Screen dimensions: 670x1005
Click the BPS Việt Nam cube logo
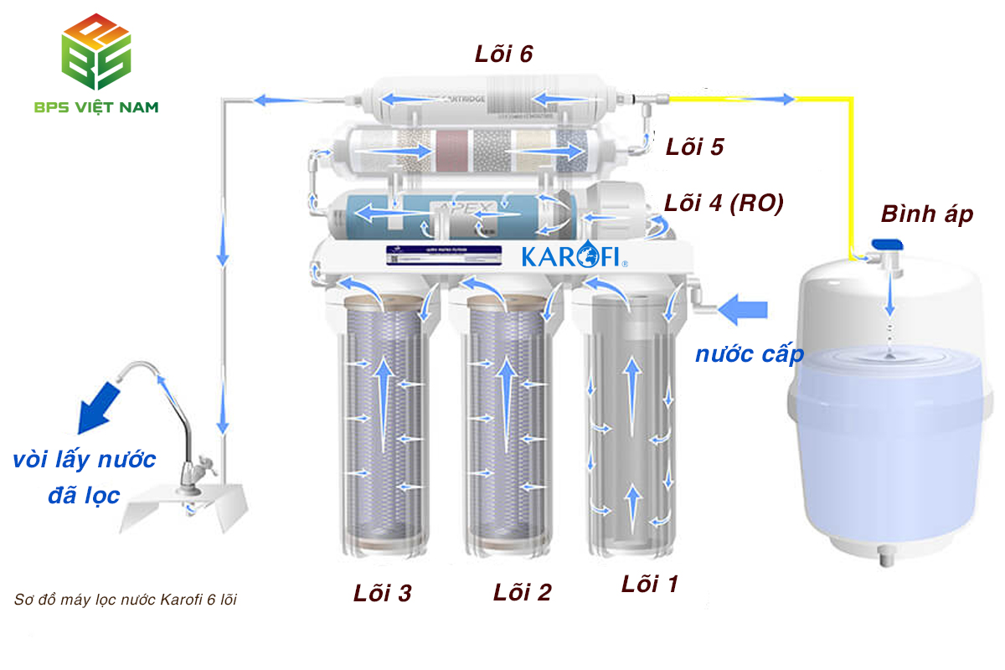point(97,52)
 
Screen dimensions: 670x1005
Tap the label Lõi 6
point(504,54)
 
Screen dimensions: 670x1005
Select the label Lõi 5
point(694,147)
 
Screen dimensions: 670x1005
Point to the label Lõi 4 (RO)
point(724,204)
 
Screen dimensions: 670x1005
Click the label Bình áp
point(926,214)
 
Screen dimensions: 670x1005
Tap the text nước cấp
point(749,353)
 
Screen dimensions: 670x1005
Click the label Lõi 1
point(650,584)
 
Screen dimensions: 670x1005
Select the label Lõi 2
point(522,592)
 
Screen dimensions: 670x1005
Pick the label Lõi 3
point(382,593)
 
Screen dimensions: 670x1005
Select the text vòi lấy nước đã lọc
point(84,477)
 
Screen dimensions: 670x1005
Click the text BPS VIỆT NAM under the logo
point(96,107)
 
